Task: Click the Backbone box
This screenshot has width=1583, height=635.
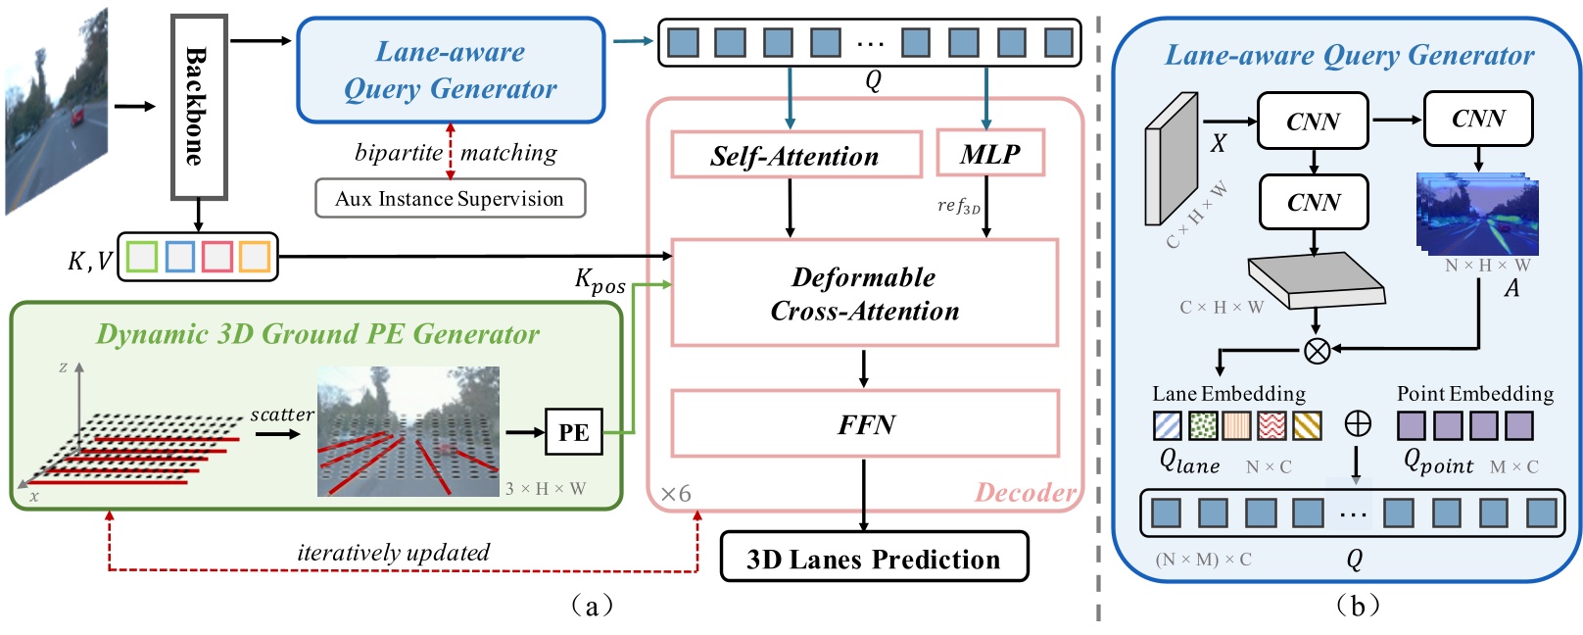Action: point(199,106)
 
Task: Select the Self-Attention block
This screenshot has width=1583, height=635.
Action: point(795,156)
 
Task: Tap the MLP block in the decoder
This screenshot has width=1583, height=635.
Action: point(989,154)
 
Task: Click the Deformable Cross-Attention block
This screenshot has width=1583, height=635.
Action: point(864,293)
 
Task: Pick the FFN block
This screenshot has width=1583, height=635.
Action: point(864,424)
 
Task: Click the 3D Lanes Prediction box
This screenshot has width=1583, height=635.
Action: point(874,559)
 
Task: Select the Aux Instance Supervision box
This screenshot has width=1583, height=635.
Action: point(450,199)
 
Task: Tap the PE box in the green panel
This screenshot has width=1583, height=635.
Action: point(573,432)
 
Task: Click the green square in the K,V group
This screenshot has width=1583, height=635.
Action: point(142,257)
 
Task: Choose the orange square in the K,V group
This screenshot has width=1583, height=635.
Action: point(254,257)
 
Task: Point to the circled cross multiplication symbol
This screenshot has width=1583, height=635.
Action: point(1317,350)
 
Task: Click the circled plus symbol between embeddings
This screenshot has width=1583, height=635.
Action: point(1357,423)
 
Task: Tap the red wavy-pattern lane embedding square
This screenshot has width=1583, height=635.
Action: point(1271,425)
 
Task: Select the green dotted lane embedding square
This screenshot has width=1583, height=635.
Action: point(1203,425)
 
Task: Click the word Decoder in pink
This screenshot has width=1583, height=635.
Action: point(1024,492)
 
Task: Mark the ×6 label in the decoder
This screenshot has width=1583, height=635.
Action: point(675,494)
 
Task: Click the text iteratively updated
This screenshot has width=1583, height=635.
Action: point(393,553)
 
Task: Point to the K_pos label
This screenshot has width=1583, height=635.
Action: point(600,281)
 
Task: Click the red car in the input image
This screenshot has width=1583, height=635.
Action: point(76,116)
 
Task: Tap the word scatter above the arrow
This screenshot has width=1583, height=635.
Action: point(281,415)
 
